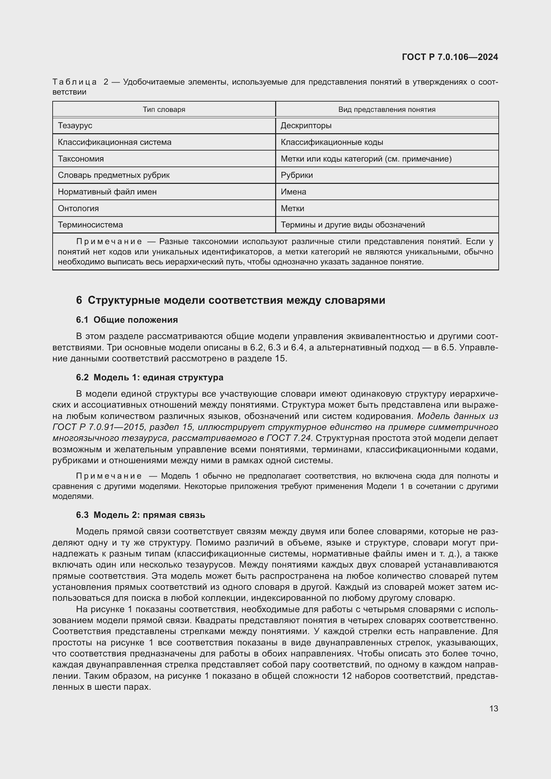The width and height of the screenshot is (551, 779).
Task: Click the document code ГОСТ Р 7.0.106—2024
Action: tap(449, 57)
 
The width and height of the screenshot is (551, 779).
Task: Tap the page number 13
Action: tap(493, 709)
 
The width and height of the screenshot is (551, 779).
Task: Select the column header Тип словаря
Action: tap(164, 110)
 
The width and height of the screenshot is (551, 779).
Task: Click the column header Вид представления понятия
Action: tap(387, 110)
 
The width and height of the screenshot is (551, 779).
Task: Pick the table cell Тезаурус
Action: tap(75, 126)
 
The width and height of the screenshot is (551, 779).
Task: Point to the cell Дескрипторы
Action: tap(306, 126)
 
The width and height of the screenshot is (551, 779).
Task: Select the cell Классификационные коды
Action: tap(332, 142)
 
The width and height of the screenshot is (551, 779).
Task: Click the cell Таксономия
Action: tap(81, 159)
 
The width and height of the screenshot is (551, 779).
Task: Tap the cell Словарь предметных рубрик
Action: tap(114, 176)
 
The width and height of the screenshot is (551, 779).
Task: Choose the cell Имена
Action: tap(293, 192)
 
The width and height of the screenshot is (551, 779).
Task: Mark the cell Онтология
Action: tap(78, 208)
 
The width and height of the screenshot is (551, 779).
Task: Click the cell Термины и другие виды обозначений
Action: tap(352, 225)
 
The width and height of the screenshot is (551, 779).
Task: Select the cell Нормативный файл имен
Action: tap(107, 192)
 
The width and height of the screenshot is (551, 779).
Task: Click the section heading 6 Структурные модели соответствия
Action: tap(231, 300)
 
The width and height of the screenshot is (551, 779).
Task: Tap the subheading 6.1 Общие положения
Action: tap(127, 320)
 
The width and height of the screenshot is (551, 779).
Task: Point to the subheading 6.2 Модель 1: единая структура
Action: tap(150, 378)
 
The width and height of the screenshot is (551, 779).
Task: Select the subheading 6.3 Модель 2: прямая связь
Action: tap(141, 515)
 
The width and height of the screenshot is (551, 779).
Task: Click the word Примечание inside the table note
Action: tap(109, 241)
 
